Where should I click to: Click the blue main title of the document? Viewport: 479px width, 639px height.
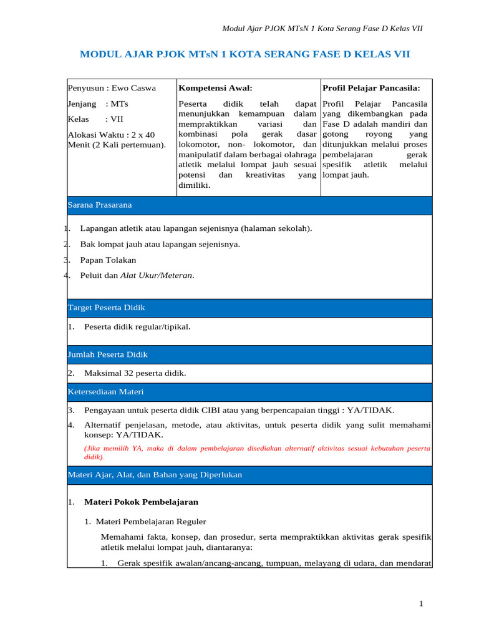(244, 54)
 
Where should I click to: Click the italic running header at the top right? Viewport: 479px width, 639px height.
(322, 29)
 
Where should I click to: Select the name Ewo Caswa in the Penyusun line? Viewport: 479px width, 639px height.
(133, 88)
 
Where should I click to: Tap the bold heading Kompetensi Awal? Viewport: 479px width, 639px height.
(215, 88)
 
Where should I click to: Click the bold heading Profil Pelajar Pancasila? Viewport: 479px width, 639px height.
(371, 88)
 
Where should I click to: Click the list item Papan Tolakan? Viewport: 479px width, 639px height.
(108, 260)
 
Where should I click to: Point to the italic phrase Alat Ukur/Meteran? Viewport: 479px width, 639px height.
(157, 275)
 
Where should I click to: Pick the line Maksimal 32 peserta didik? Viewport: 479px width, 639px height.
(135, 373)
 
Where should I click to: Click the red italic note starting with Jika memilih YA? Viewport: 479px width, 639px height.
(257, 452)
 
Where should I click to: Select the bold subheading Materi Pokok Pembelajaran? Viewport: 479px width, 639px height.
(141, 502)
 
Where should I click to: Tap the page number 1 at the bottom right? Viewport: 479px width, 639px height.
(421, 603)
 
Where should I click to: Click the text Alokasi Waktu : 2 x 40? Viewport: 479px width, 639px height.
(111, 135)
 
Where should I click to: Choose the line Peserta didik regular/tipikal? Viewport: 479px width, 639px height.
(137, 326)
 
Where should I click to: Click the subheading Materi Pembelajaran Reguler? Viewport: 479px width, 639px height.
(150, 522)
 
